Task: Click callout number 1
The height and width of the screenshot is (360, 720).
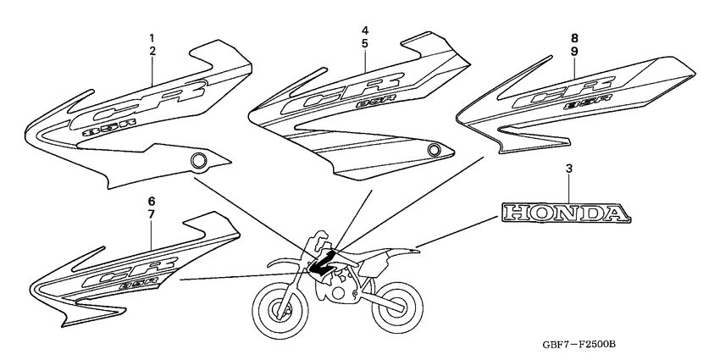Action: [x=152, y=39]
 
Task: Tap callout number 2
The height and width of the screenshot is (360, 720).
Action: [x=152, y=52]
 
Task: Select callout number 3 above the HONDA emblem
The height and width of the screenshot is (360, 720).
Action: [x=568, y=170]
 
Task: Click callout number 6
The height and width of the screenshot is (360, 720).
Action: [x=152, y=202]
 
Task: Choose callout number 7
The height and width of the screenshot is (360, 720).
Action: [x=152, y=214]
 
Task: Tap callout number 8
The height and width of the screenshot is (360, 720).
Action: [x=574, y=38]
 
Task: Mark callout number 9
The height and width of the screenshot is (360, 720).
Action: [x=574, y=51]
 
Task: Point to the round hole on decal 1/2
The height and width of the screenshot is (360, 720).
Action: [x=200, y=159]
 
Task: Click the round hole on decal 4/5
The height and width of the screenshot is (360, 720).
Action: [x=435, y=151]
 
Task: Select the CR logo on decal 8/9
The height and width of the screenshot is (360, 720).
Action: [x=565, y=91]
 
